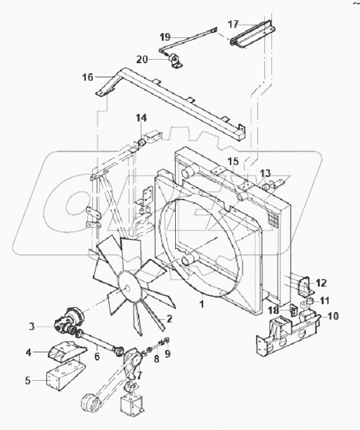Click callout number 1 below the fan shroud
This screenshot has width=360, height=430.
202,305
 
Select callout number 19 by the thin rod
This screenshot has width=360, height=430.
165,37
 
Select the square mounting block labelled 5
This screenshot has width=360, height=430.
62,380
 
